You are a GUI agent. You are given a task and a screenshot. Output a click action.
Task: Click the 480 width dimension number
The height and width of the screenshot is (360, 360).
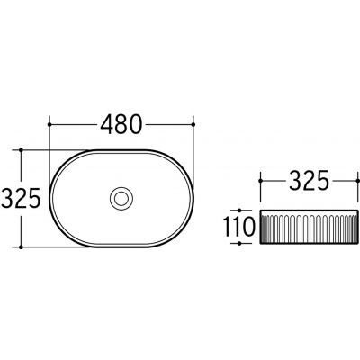[121, 124]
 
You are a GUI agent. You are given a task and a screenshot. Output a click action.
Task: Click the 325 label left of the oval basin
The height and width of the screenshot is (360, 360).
[21, 198]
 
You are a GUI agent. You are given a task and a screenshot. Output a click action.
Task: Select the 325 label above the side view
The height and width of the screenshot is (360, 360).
[309, 181]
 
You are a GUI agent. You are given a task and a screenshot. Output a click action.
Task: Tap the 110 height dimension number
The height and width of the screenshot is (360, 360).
[239, 227]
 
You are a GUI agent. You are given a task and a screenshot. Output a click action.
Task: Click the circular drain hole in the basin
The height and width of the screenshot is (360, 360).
[121, 198]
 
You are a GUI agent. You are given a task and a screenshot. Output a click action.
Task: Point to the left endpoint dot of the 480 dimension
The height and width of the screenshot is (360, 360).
[49, 124]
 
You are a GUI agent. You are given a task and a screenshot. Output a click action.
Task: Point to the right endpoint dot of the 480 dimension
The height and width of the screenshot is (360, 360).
[193, 124]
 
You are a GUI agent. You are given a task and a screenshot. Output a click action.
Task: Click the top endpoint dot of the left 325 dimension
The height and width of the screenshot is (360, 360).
[21, 149]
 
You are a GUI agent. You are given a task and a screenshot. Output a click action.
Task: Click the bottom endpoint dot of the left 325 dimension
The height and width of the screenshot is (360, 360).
[21, 247]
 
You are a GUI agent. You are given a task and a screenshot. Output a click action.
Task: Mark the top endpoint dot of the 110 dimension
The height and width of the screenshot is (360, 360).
[239, 211]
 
